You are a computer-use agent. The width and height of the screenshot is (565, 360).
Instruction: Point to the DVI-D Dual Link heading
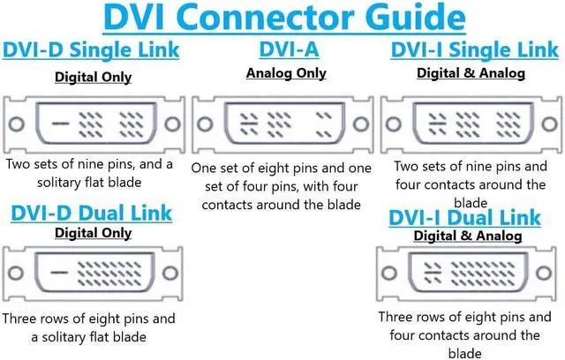pos(92,213)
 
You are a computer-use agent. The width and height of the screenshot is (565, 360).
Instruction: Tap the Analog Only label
pos(286,72)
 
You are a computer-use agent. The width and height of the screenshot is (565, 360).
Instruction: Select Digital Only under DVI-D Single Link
pos(93,77)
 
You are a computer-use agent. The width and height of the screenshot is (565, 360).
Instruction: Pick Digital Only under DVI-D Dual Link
pos(93,233)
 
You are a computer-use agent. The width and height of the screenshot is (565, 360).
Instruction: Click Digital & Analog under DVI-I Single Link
pos(470,73)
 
